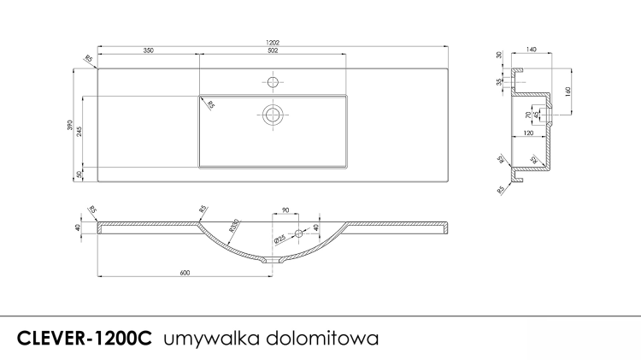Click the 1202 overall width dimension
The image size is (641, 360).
[273, 41]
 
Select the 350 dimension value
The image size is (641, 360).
[148, 51]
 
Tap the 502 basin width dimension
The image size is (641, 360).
[273, 51]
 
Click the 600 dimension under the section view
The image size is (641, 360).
[185, 272]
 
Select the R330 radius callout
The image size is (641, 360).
[234, 226]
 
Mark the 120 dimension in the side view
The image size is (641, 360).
[530, 134]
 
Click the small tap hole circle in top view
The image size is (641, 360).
[273, 82]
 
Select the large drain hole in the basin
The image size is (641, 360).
[273, 114]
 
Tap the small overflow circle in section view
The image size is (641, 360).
[298, 233]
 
